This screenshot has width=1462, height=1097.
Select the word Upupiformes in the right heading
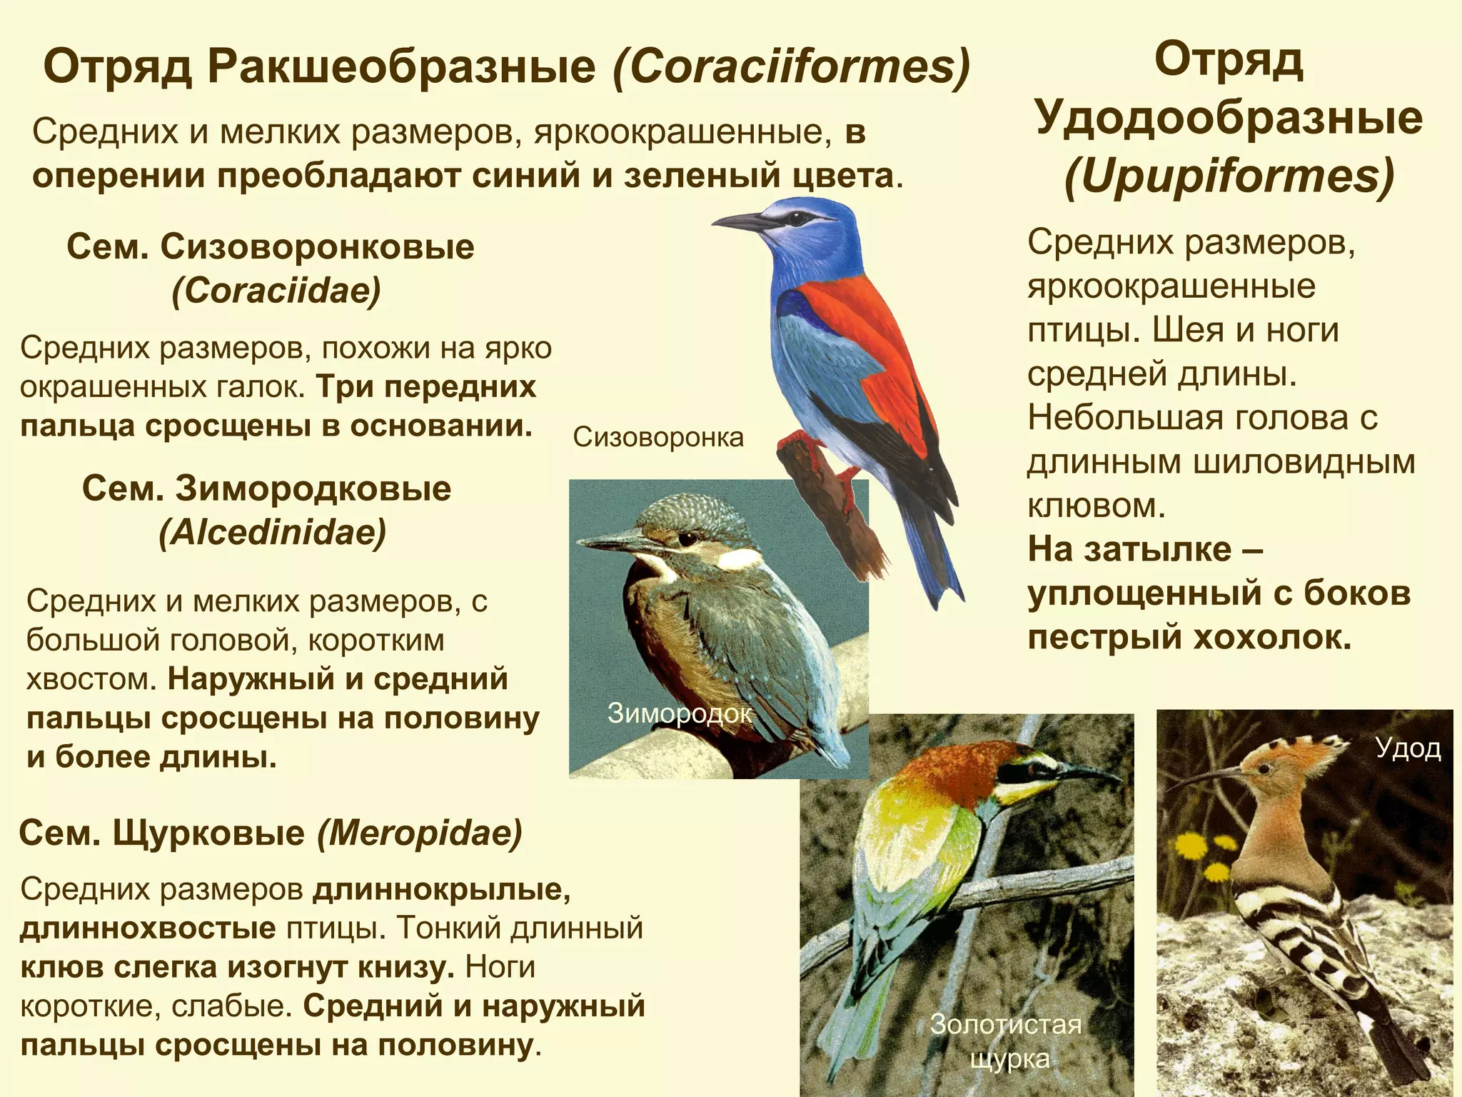(1229, 177)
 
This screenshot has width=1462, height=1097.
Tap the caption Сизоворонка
(657, 436)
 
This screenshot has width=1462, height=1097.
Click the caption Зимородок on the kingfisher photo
(679, 712)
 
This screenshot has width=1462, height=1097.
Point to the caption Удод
(1408, 748)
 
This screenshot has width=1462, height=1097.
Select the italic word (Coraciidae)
(276, 291)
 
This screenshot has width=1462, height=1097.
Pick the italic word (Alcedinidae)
(272, 532)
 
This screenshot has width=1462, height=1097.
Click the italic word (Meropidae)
(420, 833)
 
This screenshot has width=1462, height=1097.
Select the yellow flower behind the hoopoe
(1189, 847)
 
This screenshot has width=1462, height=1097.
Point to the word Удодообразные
(1229, 119)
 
